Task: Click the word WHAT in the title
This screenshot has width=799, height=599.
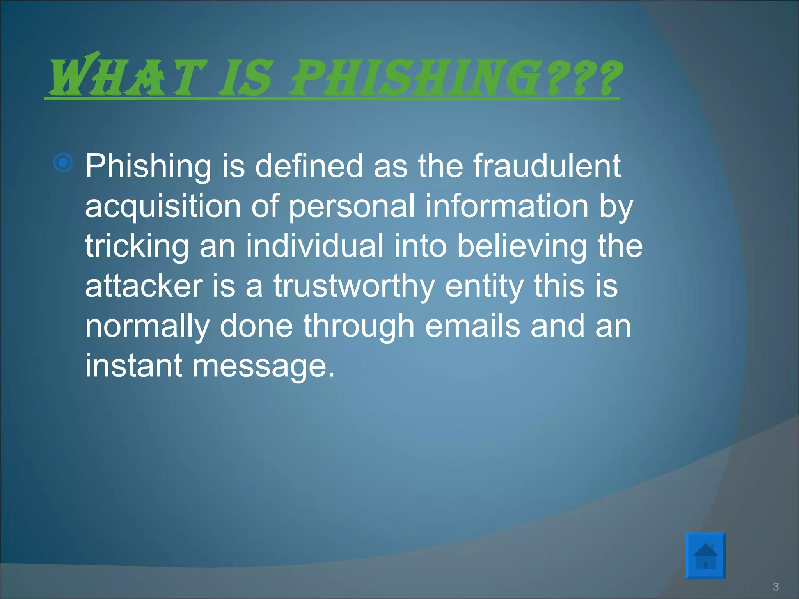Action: pyautogui.click(x=127, y=76)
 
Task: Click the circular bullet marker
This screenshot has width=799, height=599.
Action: pyautogui.click(x=63, y=162)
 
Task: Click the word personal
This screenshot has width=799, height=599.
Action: pyautogui.click(x=352, y=207)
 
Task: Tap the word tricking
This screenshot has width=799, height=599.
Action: pyautogui.click(x=137, y=246)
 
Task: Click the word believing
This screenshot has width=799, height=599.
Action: pyautogui.click(x=522, y=246)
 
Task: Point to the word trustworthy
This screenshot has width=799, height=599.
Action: pyautogui.click(x=354, y=287)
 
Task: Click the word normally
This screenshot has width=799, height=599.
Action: pyautogui.click(x=147, y=327)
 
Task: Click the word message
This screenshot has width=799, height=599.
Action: pyautogui.click(x=264, y=367)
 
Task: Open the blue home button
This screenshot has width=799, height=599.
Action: pyautogui.click(x=705, y=555)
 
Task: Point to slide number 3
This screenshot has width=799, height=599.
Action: pyautogui.click(x=776, y=587)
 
